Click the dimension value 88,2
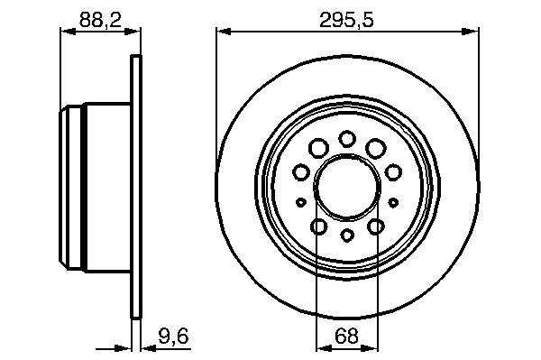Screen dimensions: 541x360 point(100,20)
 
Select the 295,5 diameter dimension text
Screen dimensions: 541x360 point(346,20)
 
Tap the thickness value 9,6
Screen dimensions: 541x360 point(173,337)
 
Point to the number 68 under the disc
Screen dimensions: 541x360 point(346,337)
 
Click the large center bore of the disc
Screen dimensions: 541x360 point(347,187)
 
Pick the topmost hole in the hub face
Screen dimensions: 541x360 point(347,139)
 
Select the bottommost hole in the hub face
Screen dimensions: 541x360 point(347,235)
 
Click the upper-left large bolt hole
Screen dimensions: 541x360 point(318,148)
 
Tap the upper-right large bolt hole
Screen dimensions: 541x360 point(376,148)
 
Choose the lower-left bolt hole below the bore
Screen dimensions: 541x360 point(319,226)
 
